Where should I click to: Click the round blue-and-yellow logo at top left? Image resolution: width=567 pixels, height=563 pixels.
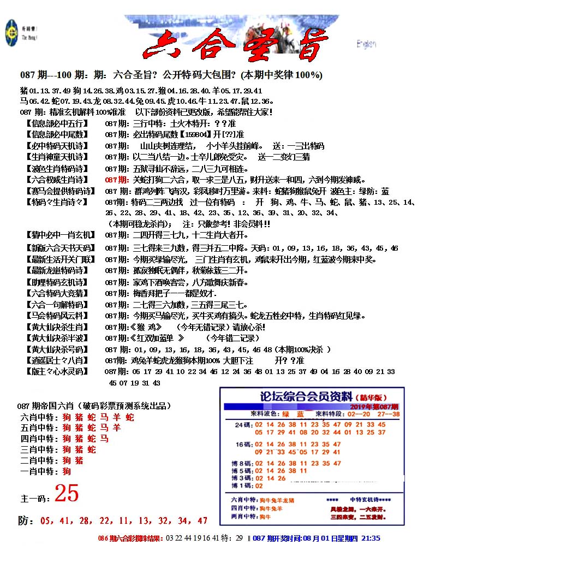pos(11,32)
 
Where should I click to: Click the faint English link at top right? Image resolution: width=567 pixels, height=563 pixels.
pos(366,44)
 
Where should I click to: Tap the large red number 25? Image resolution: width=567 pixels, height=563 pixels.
pos(67,494)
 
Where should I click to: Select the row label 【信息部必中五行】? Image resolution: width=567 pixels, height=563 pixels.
pos(56,123)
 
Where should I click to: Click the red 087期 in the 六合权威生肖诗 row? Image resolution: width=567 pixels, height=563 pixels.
pos(116,180)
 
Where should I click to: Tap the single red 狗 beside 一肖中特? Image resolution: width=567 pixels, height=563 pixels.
pos(67,471)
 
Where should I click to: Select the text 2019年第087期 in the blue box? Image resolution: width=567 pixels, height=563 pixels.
pos(374,407)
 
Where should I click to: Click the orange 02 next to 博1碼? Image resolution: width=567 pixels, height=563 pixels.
pos(259,485)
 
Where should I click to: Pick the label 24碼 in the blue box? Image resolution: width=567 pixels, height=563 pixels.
pos(242,424)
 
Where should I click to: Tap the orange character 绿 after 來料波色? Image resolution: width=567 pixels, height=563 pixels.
pos(285,414)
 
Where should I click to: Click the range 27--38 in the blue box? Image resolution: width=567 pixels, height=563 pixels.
pos(389,414)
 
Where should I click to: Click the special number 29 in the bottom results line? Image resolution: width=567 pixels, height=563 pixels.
pos(238,538)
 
